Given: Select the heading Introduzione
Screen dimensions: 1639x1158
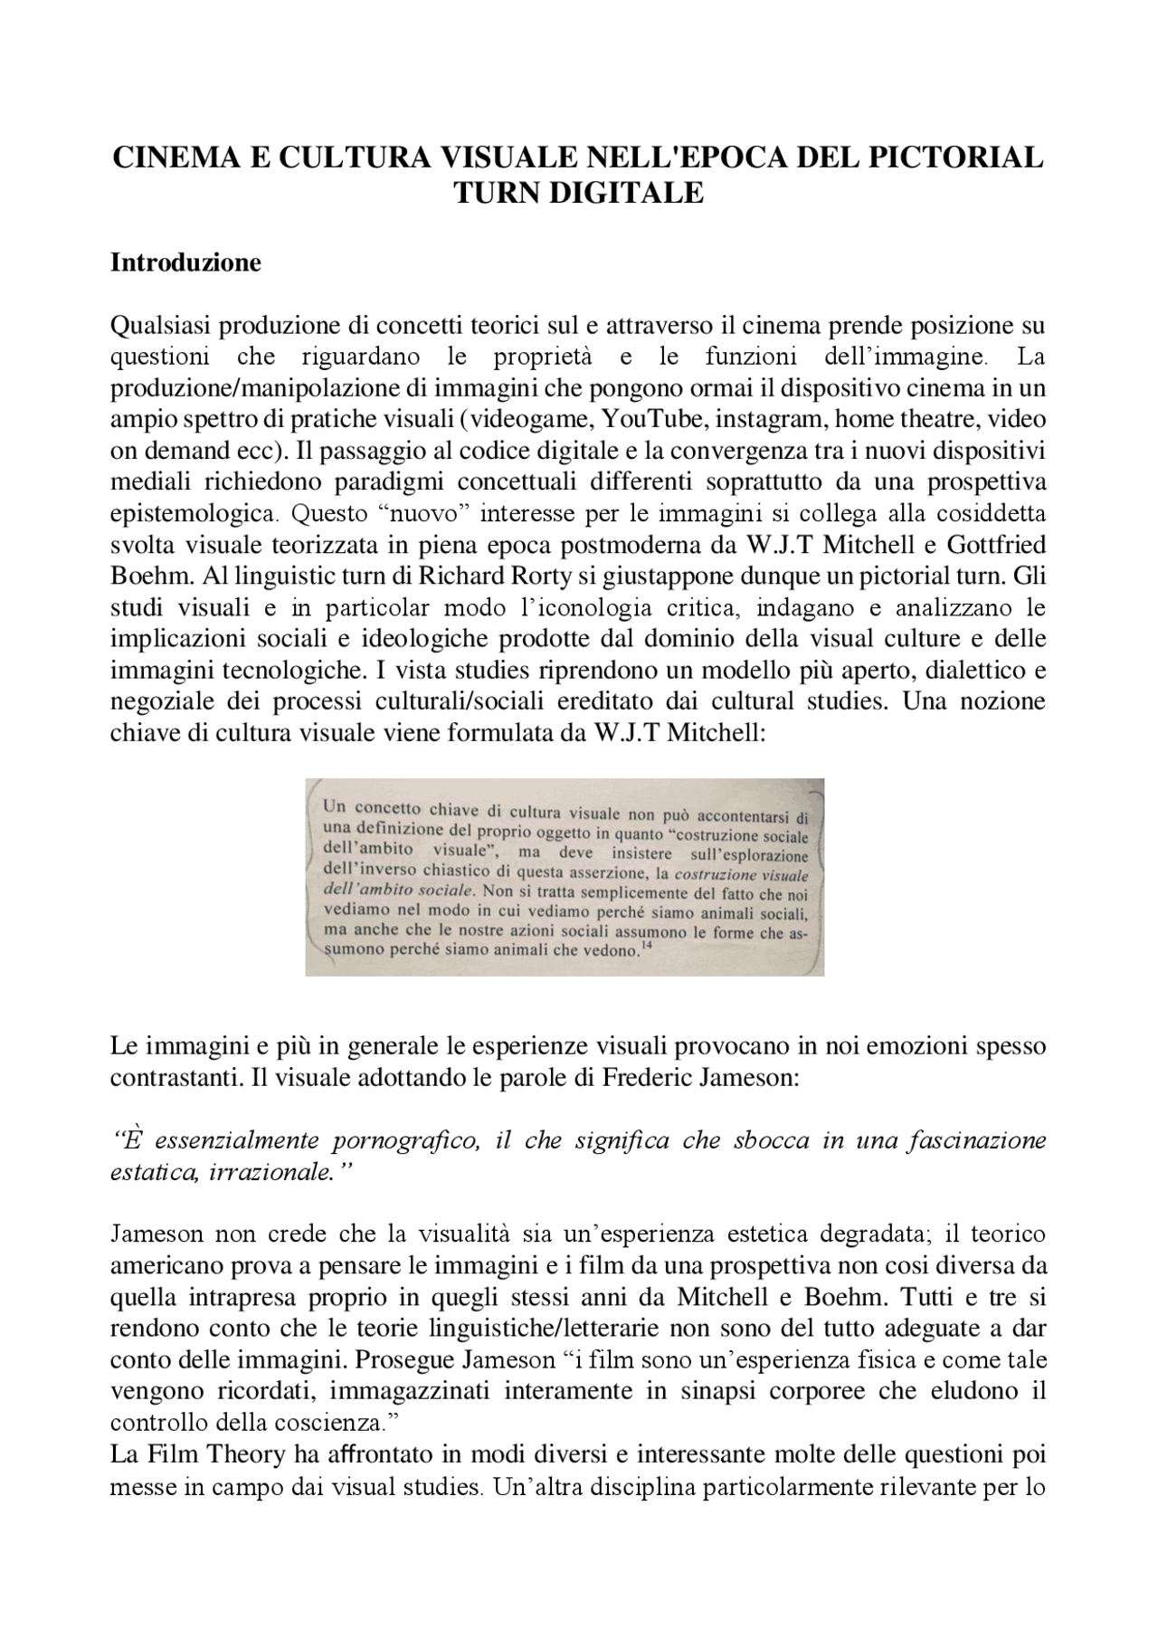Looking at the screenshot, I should [x=185, y=262].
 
